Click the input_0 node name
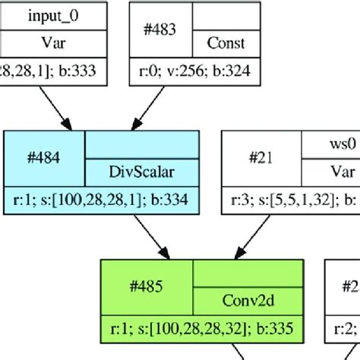click(52, 15)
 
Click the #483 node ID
click(160, 30)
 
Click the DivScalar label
click(141, 172)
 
